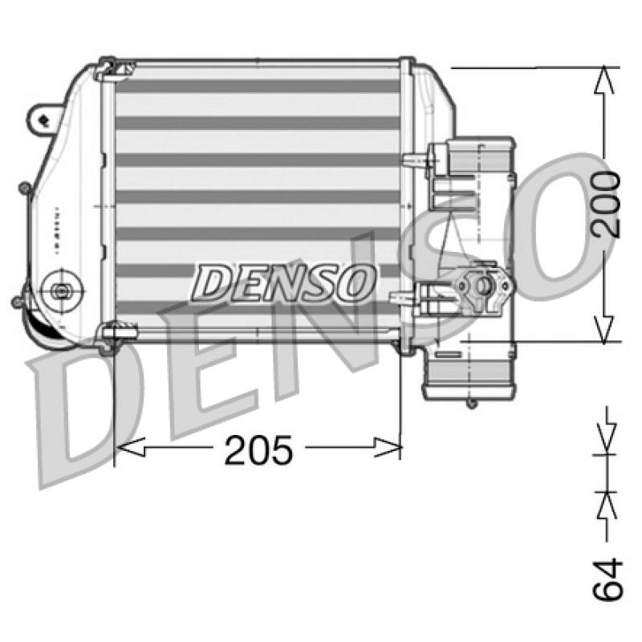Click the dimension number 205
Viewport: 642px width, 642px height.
click(x=258, y=450)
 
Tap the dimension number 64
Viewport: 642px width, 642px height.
click(x=607, y=579)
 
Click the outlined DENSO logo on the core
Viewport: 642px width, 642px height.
click(x=284, y=282)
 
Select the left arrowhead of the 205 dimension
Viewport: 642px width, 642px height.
click(x=131, y=447)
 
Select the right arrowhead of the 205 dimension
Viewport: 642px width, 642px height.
click(x=387, y=447)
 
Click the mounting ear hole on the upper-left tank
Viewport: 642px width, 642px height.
click(x=43, y=120)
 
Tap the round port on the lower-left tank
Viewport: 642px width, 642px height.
click(x=62, y=291)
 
